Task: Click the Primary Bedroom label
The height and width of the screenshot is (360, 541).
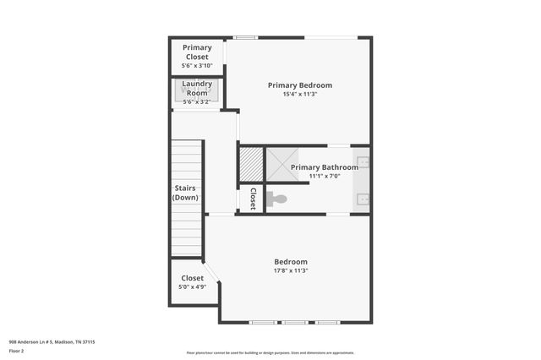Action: pos(299,85)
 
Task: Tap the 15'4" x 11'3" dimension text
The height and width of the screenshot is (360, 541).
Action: pos(299,94)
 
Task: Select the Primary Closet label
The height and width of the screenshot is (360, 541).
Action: pos(197,52)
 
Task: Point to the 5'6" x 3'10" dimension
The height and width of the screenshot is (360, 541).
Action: pos(197,66)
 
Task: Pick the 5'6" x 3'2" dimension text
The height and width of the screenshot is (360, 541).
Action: pos(197,102)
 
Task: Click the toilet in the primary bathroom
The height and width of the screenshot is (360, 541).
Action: pos(276,199)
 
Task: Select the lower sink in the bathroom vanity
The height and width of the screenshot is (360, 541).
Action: pos(363,199)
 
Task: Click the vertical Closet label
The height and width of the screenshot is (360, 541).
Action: pos(252,199)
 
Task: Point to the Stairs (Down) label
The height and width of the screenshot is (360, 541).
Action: pos(186,193)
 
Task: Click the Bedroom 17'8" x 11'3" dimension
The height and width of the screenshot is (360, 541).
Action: pos(290,271)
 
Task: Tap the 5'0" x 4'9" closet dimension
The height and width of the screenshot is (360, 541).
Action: pos(192,287)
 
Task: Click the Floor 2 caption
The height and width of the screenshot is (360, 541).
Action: pos(17,351)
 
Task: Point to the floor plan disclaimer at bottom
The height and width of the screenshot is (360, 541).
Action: pos(270,353)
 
